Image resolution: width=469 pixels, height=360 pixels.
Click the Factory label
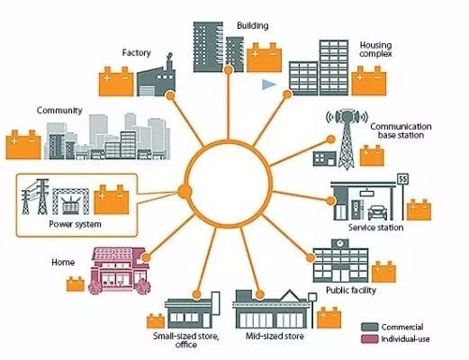coord(136,53)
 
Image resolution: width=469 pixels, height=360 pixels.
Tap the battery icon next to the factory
coord(116,81)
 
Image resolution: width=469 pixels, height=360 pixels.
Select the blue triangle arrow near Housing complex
coord(268,85)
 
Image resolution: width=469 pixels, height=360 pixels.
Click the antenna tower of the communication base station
coord(347,139)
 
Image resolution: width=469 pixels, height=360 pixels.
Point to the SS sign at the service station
coord(402,179)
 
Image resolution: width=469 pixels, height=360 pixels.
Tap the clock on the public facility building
coord(339,243)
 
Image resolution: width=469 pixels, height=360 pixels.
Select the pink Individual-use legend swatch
coord(370,339)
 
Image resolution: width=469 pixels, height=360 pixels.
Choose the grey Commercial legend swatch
coord(370,327)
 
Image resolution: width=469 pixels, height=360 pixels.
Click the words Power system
coord(75,224)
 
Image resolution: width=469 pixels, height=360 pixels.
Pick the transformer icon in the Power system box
coord(71,202)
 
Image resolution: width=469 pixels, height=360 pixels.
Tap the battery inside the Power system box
coord(112,200)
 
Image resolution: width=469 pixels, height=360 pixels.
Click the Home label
coord(63,263)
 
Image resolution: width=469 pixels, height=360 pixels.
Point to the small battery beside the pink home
coord(76,283)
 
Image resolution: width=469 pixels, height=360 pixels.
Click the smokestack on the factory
coord(169,62)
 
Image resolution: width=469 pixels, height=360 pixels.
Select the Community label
coord(59,111)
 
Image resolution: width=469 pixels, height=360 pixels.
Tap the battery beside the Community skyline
coord(23,144)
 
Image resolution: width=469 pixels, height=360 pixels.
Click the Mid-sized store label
coord(275,336)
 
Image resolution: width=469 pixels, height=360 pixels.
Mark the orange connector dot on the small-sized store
coord(196,294)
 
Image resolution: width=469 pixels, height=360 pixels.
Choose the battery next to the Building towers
coord(264,58)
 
